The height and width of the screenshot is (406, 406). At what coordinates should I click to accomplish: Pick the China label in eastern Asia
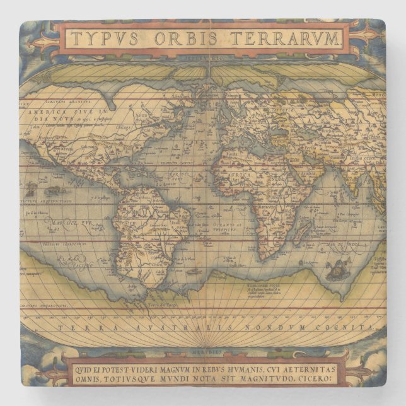[x=377, y=136]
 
